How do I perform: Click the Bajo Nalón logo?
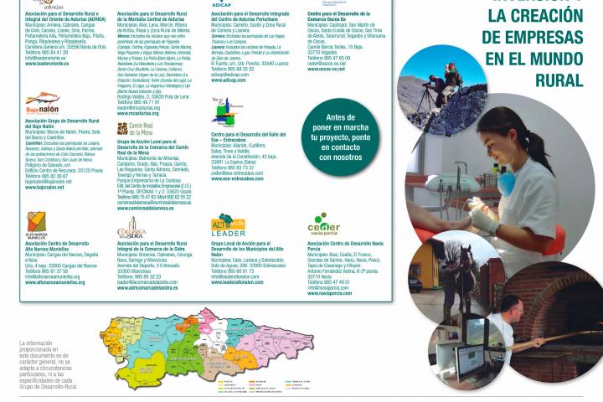click(x=43, y=105)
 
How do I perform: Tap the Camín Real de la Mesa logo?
click(x=134, y=128)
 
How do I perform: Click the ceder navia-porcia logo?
click(x=323, y=225)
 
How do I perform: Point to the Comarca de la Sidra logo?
click(x=132, y=228)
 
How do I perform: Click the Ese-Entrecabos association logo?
click(x=221, y=113)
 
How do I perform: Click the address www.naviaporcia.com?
click(x=330, y=293)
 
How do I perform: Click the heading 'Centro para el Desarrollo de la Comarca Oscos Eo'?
click(x=339, y=16)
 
